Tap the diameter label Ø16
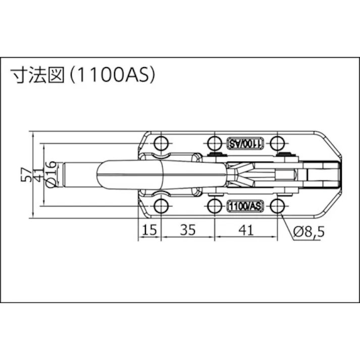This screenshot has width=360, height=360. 50,175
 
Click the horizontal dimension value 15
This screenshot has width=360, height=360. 149,230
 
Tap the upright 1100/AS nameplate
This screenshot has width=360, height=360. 246,205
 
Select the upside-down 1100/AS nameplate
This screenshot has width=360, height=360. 246,143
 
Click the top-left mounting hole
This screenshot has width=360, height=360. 161,143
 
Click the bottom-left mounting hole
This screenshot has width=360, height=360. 161,205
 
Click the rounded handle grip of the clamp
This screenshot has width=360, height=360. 131,174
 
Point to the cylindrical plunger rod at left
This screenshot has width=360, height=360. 78,174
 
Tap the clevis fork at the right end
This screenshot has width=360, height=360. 323,174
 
